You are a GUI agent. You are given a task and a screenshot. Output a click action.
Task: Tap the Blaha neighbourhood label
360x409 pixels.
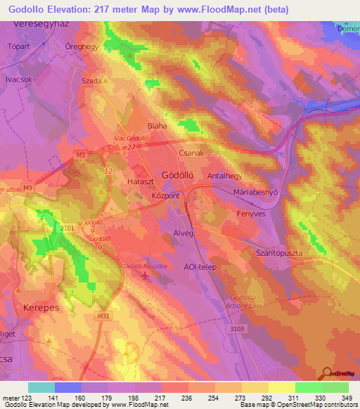[x=155, y=126]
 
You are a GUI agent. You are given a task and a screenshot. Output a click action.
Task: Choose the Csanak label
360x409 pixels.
[x=191, y=152]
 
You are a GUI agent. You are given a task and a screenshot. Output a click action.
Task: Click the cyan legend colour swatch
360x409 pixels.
[x=41, y=387]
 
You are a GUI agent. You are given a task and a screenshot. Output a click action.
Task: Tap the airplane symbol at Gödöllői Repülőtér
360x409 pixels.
[x=145, y=275]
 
